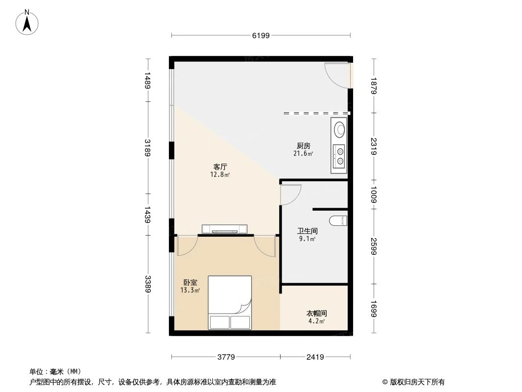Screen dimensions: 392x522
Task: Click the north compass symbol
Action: coord(28,22)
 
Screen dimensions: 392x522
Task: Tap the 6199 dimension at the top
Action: coord(261,35)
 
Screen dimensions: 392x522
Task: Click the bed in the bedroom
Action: coord(230,302)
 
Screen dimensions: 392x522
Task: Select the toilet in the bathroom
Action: coord(338,220)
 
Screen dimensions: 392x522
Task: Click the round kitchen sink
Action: coord(339,130)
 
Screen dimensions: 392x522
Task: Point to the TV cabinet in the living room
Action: coord(225,229)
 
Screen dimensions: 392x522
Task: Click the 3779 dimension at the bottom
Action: coord(226,357)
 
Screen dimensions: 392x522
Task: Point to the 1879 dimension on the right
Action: coord(374,86)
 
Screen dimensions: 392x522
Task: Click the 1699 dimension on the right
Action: coord(374,309)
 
